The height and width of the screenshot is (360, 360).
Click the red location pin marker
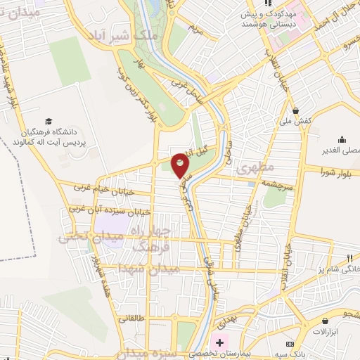(181, 165)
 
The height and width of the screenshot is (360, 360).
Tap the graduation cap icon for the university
(48, 121)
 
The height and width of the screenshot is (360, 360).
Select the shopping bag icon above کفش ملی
(298, 111)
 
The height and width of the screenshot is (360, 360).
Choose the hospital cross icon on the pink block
(221, 343)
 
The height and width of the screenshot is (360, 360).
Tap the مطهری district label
(251, 169)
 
